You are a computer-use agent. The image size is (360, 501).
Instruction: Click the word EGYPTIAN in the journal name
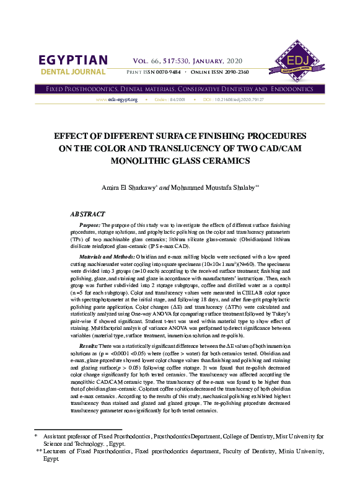[x=73, y=61]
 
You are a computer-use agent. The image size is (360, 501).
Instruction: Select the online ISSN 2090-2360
[x=234, y=73]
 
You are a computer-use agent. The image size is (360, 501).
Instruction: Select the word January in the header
[x=209, y=61]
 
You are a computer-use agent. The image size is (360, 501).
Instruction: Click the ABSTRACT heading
[x=87, y=213]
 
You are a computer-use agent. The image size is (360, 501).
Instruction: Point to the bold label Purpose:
[x=90, y=226]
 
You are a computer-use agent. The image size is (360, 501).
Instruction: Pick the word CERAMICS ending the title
[x=219, y=161]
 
